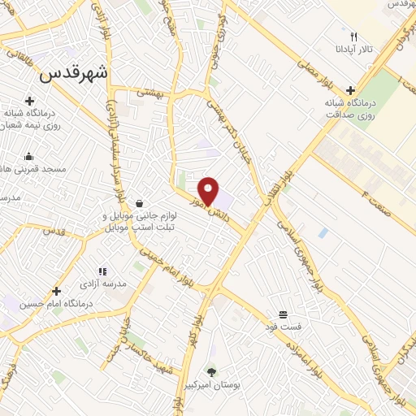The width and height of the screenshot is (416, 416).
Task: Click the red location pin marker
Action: pyautogui.click(x=209, y=191)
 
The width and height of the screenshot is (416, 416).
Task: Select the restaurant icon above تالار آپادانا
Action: pyautogui.click(x=353, y=37)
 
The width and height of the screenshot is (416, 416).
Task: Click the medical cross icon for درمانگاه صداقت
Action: pyautogui.click(x=349, y=91)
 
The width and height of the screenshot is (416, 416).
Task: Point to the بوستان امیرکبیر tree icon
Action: pyautogui.click(x=212, y=370)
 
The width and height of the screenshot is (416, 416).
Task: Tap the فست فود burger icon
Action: pyautogui.click(x=283, y=314)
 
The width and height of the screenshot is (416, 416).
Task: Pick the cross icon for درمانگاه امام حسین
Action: pyautogui.click(x=56, y=291)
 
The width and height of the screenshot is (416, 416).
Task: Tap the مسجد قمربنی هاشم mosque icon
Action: pyautogui.click(x=29, y=157)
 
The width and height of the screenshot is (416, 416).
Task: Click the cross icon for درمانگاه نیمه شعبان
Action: pyautogui.click(x=29, y=102)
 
